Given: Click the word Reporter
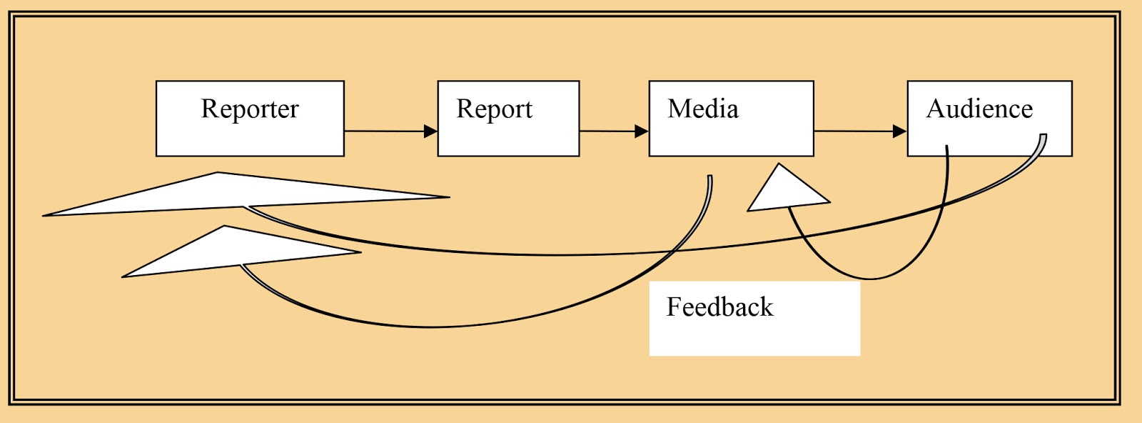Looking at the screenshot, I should [x=250, y=109].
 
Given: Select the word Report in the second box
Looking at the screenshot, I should [x=494, y=109].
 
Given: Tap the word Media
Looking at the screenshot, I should [x=703, y=109].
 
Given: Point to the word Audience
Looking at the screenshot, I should [x=979, y=109].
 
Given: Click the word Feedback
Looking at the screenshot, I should [x=719, y=307].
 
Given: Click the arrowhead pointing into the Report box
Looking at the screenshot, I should [x=430, y=131].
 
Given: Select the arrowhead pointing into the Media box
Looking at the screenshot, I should [x=641, y=131].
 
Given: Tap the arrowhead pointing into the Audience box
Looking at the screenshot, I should [x=899, y=131].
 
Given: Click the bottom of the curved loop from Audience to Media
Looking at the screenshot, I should [x=871, y=278].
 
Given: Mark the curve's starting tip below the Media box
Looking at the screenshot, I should [x=709, y=179].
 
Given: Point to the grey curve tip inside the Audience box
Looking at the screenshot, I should [x=1043, y=137].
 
